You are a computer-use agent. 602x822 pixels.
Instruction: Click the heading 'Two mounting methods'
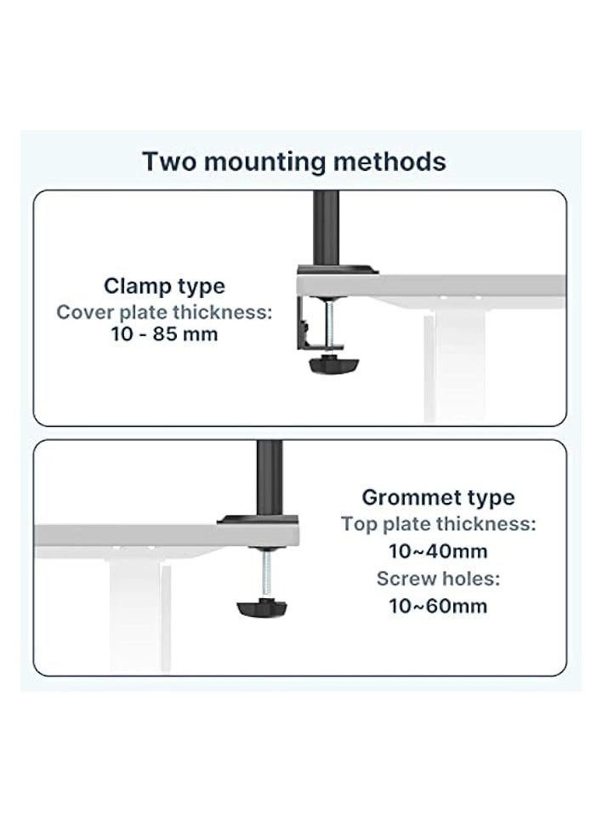tap(293, 161)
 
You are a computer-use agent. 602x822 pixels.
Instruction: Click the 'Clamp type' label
tap(165, 286)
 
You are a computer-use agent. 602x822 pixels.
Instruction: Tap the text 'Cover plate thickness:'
tap(165, 311)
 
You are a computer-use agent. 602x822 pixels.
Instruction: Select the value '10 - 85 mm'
tap(164, 334)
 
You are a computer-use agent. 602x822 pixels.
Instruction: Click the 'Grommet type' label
tap(438, 498)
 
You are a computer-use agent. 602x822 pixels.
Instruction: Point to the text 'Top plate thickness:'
tap(438, 524)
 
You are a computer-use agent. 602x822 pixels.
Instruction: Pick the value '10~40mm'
tap(438, 551)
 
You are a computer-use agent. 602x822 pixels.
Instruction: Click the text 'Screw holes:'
tap(438, 579)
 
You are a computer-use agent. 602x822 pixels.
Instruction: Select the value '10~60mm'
tap(438, 606)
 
